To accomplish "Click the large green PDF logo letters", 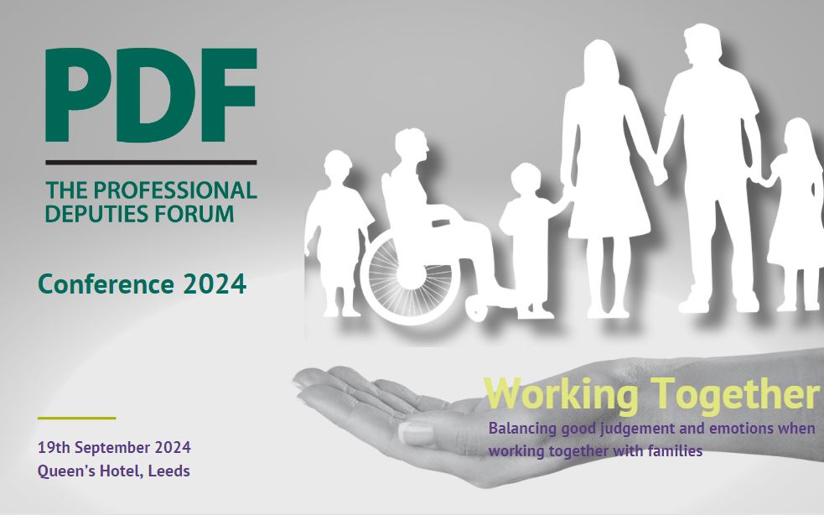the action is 151,95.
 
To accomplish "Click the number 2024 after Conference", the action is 215,284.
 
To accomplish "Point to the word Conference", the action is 106,284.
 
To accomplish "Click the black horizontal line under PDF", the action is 151,163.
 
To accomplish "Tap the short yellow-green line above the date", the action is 77,419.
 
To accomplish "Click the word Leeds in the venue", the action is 168,471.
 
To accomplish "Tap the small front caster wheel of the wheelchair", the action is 477,309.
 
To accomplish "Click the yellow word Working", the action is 562,393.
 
